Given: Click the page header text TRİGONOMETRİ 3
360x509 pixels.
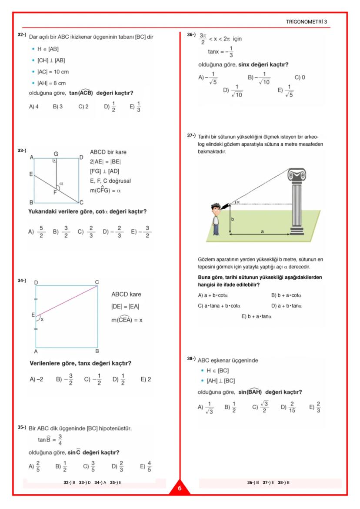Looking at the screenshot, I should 307,22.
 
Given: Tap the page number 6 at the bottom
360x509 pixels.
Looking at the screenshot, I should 180,489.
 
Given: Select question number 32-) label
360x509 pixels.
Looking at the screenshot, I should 22,34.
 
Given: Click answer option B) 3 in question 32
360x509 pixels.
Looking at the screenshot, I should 58,106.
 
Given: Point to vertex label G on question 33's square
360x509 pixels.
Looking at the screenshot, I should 56,154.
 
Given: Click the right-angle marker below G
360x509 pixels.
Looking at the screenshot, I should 54,161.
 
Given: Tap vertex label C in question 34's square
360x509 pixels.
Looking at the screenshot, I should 97,282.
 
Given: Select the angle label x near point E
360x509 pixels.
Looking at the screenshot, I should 42,319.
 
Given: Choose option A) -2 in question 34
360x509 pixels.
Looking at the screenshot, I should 37,379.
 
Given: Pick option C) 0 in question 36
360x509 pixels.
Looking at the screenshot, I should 300,77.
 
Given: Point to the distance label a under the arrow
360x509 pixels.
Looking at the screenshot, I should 262,232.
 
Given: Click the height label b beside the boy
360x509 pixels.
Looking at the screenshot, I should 232,219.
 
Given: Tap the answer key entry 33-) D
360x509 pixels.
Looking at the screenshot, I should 85,482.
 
